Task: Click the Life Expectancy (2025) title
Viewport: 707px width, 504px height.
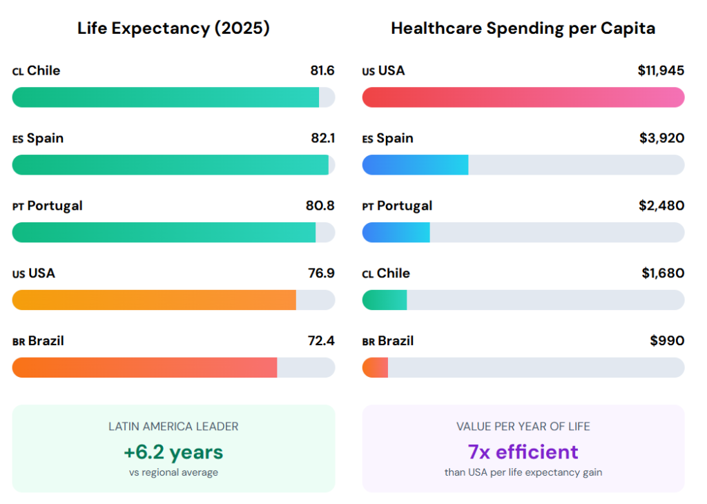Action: (173, 28)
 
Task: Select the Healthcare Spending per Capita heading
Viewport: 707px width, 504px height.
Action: (523, 28)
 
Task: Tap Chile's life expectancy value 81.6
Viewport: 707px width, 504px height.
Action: (322, 70)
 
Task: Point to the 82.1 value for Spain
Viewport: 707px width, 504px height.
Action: (322, 138)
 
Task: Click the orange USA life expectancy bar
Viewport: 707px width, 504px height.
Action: (154, 300)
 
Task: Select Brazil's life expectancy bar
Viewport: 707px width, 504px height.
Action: (144, 368)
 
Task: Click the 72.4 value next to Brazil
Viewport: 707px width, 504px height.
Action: (321, 341)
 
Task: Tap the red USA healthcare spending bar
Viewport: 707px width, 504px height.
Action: (523, 97)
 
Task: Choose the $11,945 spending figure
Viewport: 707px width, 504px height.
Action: (661, 70)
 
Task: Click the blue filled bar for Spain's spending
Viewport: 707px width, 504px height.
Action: (415, 165)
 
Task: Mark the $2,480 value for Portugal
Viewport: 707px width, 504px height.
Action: (661, 206)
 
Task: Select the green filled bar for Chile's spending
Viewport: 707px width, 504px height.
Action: (385, 300)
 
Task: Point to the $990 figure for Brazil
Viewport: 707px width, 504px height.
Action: (667, 341)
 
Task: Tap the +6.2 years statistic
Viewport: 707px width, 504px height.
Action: (173, 452)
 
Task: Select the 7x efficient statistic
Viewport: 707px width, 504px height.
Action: (523, 452)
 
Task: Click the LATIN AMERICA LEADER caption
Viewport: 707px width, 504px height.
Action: (173, 427)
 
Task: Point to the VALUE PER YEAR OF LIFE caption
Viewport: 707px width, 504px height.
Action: (523, 427)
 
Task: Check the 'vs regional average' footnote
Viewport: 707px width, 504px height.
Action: (173, 473)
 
